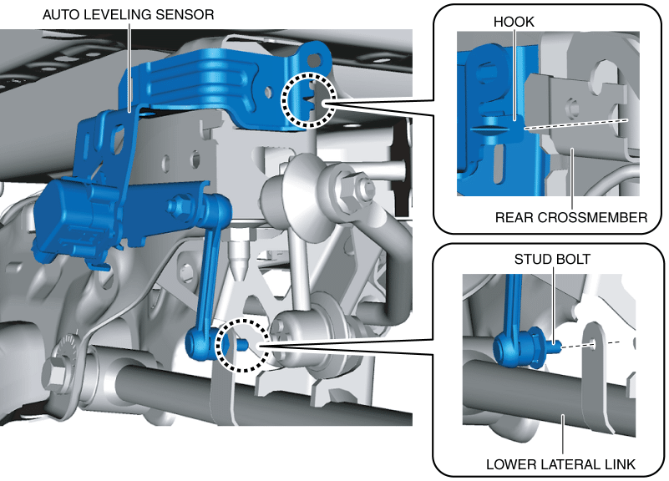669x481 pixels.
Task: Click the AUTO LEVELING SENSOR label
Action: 128,14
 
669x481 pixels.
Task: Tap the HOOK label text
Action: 514,22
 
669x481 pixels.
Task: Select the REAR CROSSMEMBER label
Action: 571,217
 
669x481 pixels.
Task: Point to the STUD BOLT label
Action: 552,259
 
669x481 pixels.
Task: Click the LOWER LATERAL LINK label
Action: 560,464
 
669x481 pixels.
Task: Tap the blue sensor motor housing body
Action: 77,217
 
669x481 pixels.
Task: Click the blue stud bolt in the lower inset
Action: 554,346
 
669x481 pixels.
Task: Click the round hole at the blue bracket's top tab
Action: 313,59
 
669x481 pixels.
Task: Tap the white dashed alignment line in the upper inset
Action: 576,124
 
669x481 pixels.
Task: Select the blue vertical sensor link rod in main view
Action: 209,273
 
